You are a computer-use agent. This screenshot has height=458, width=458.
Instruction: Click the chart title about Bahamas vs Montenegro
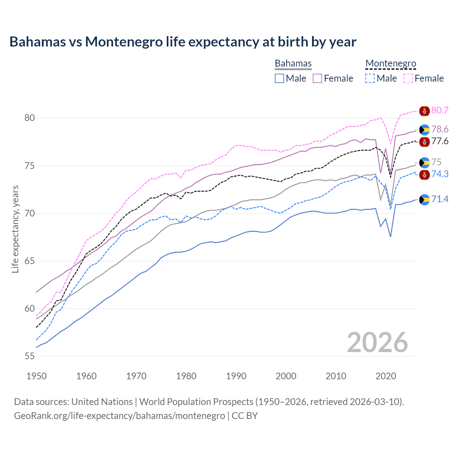pos(183,42)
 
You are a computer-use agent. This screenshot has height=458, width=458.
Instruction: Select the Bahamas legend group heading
pos(293,63)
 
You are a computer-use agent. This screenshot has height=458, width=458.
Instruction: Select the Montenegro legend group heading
pos(391,63)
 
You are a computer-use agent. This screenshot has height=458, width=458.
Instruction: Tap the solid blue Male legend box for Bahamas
pos(279,78)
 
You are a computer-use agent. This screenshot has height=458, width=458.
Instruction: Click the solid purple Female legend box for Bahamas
pos(317,78)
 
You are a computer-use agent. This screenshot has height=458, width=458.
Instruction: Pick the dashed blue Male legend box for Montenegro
pos(370,78)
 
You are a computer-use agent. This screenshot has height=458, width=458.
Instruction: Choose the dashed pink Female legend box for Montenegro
pos(408,78)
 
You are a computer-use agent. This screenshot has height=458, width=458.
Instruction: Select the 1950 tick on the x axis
pos(36,376)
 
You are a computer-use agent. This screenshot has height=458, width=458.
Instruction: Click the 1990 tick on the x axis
pos(236,376)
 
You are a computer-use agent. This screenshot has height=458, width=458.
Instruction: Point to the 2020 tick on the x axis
pos(386,376)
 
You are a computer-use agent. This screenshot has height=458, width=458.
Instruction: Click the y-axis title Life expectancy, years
pos(15,229)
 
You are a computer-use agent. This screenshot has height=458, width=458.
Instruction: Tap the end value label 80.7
pos(440,111)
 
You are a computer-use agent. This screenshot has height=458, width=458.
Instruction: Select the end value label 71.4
pos(440,199)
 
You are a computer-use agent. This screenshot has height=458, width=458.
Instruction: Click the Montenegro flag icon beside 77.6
pos(424,142)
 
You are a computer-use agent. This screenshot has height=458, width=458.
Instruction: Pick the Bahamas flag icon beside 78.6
pos(424,130)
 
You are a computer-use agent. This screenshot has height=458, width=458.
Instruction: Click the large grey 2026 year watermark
pos(377,342)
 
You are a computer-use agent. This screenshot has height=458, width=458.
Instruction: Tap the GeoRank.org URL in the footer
pos(120,416)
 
